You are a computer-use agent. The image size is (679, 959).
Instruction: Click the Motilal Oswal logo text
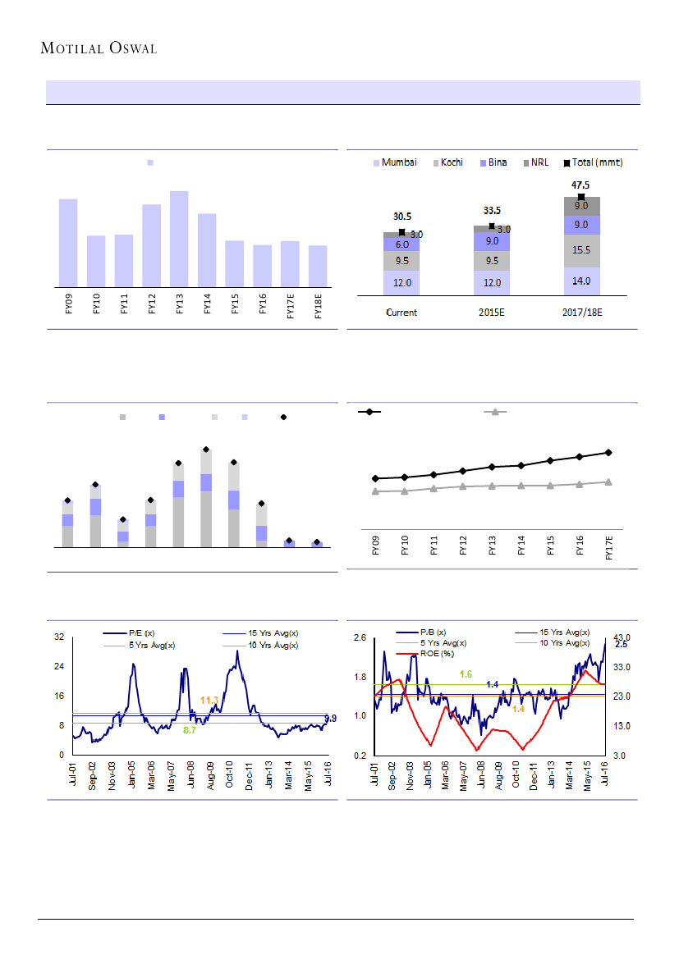[x=99, y=48]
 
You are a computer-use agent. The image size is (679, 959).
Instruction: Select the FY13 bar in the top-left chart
[x=179, y=239]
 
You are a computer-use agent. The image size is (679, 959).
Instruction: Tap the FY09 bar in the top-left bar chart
[x=68, y=243]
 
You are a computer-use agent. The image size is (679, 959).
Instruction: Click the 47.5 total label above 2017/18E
[x=581, y=185]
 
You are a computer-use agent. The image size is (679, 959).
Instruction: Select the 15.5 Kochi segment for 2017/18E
[x=581, y=250]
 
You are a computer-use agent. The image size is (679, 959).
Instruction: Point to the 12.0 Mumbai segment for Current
[x=401, y=282]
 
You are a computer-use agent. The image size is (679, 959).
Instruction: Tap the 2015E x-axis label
[x=492, y=313]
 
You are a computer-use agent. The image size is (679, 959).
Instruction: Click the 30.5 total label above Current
[x=401, y=217]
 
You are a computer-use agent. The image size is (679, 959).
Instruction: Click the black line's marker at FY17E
[x=609, y=452]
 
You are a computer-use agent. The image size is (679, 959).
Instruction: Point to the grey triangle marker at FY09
[x=375, y=491]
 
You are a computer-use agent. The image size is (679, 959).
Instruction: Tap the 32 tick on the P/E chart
[x=59, y=637]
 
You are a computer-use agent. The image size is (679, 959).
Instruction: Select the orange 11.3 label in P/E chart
[x=209, y=700]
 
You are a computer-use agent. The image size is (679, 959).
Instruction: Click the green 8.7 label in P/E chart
[x=189, y=729]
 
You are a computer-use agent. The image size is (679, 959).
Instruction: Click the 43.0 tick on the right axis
[x=622, y=637]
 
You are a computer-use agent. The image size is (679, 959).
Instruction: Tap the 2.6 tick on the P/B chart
[x=360, y=637]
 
